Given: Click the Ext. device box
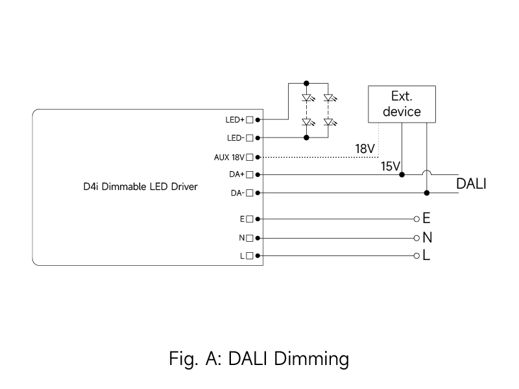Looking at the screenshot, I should pos(402,104).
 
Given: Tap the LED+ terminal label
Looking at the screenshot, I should pos(234,120).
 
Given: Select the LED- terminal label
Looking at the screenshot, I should pos(234,138).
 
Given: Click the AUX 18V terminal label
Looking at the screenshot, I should pos(229,157).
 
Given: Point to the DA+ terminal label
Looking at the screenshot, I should pos(235,175).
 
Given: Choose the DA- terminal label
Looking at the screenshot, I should pos(236,193).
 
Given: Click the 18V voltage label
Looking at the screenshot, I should pos(365,149).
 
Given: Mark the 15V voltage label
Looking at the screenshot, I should pos(391,167).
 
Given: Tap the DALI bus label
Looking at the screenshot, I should pos(472,183).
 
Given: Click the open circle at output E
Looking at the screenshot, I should pos(416,218).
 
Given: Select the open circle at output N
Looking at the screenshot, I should pos(416,237).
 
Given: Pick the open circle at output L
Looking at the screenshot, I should pos(416,255).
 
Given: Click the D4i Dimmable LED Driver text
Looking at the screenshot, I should pos(141,186).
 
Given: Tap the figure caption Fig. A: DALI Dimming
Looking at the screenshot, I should pos(259,359).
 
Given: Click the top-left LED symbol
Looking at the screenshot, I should pos(307,99).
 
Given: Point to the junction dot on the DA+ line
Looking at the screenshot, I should pos(402,174).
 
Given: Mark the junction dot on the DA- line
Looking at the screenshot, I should pos(426,193).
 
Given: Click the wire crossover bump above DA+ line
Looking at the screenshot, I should pos(426,172).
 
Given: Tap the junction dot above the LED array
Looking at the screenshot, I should pos(306,83).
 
